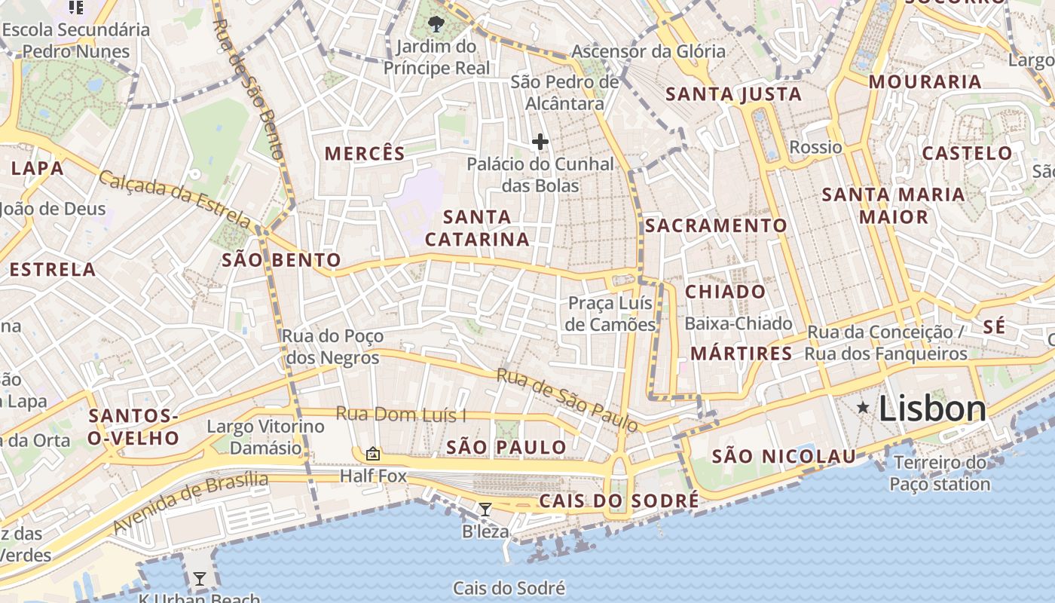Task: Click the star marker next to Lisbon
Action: click(863, 408)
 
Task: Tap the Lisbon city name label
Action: click(932, 409)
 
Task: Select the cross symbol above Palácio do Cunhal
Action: click(540, 141)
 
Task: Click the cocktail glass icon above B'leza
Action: click(485, 510)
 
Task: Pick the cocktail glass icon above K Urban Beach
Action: click(200, 579)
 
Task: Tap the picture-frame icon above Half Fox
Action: click(372, 454)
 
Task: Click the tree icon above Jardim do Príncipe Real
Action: click(436, 25)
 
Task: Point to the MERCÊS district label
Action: click(365, 154)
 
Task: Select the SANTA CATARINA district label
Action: click(477, 228)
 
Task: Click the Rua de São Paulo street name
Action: click(567, 399)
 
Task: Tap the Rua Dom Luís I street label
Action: click(401, 415)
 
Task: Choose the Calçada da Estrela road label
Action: click(175, 200)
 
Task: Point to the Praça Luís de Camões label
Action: click(611, 314)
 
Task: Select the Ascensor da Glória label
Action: click(648, 52)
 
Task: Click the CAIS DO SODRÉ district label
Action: click(619, 501)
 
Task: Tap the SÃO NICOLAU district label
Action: click(784, 456)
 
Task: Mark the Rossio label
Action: click(815, 147)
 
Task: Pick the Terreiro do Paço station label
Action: click(940, 473)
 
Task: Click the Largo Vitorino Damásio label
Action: click(265, 437)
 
